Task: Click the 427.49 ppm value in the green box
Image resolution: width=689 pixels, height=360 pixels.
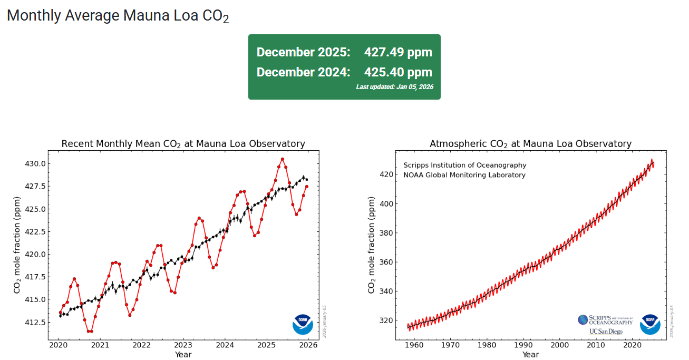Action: tap(398, 52)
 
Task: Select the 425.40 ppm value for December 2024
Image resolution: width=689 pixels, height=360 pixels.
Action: tap(398, 72)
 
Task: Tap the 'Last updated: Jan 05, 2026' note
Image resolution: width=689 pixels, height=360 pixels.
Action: tap(394, 87)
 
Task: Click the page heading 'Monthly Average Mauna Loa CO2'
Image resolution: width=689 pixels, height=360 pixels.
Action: tap(118, 16)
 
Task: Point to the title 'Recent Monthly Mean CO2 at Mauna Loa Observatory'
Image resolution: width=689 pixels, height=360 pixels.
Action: tap(183, 144)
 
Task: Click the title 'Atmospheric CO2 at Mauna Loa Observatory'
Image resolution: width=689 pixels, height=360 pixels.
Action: tap(530, 144)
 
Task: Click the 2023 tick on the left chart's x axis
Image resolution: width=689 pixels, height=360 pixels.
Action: tap(183, 345)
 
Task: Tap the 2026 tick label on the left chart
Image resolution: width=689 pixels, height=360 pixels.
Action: tap(308, 345)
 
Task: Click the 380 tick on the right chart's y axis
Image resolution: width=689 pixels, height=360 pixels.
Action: tap(387, 233)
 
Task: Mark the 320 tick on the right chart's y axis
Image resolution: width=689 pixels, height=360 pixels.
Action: tap(387, 320)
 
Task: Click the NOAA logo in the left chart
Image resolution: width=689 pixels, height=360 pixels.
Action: tap(303, 324)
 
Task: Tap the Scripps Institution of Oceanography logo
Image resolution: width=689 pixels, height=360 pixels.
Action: tap(605, 320)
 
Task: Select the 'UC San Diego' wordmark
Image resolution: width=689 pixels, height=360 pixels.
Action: tap(606, 332)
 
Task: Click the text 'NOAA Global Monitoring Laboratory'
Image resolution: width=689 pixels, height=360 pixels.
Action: tap(464, 175)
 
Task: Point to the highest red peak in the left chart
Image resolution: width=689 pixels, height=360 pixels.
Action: tap(283, 159)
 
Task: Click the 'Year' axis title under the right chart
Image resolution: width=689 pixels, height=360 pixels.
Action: tap(530, 355)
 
